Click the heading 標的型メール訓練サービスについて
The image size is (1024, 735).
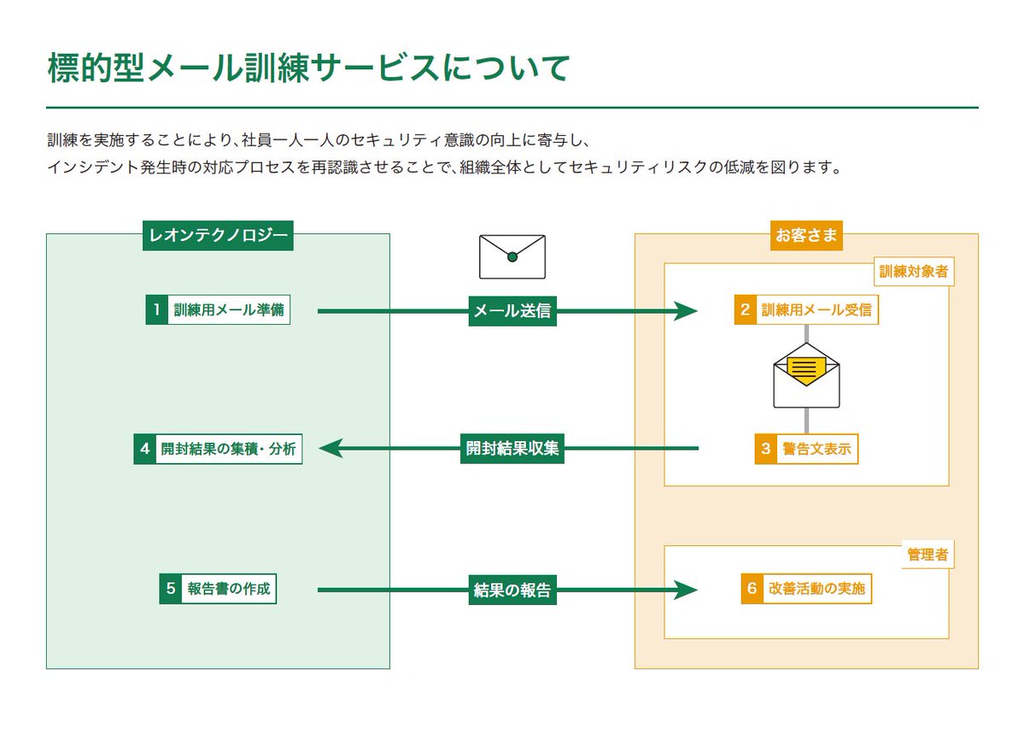(x=308, y=68)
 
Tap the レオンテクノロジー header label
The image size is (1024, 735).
(x=218, y=236)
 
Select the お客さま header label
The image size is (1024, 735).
(x=806, y=236)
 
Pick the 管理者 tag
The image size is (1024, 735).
(x=927, y=556)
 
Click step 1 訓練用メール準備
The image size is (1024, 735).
(x=218, y=310)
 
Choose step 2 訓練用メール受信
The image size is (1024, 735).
(x=806, y=310)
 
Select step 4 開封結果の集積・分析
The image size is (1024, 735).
(x=218, y=449)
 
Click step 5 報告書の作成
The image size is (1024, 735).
(x=218, y=589)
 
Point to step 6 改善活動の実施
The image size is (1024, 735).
(x=806, y=589)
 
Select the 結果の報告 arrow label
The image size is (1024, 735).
(x=512, y=590)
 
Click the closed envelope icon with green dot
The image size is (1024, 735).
(x=512, y=256)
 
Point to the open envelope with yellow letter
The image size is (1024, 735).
(x=806, y=376)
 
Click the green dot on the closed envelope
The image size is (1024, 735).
(x=512, y=257)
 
